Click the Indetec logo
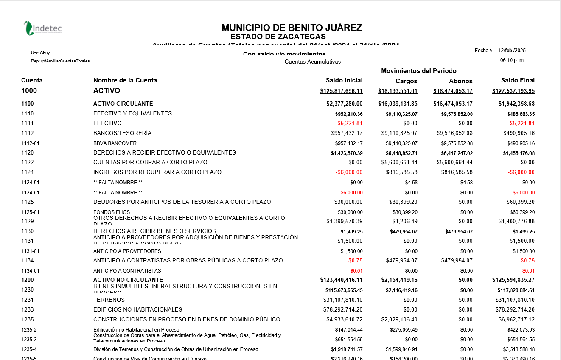tap(43, 28)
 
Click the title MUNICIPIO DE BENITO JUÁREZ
tap(292, 28)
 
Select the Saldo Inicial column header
tap(344, 80)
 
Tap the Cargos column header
tap(406, 81)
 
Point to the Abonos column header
tap(460, 81)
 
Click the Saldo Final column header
tap(517, 80)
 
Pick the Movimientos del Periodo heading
tap(418, 71)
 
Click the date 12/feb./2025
tap(512, 51)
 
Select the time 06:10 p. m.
tap(512, 60)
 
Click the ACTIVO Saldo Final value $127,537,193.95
tap(513, 91)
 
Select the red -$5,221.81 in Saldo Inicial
tap(349, 124)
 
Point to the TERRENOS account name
tap(109, 300)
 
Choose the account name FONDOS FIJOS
tap(112, 212)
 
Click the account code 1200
tap(28, 280)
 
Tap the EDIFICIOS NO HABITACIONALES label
tap(137, 310)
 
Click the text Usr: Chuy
tap(40, 53)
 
